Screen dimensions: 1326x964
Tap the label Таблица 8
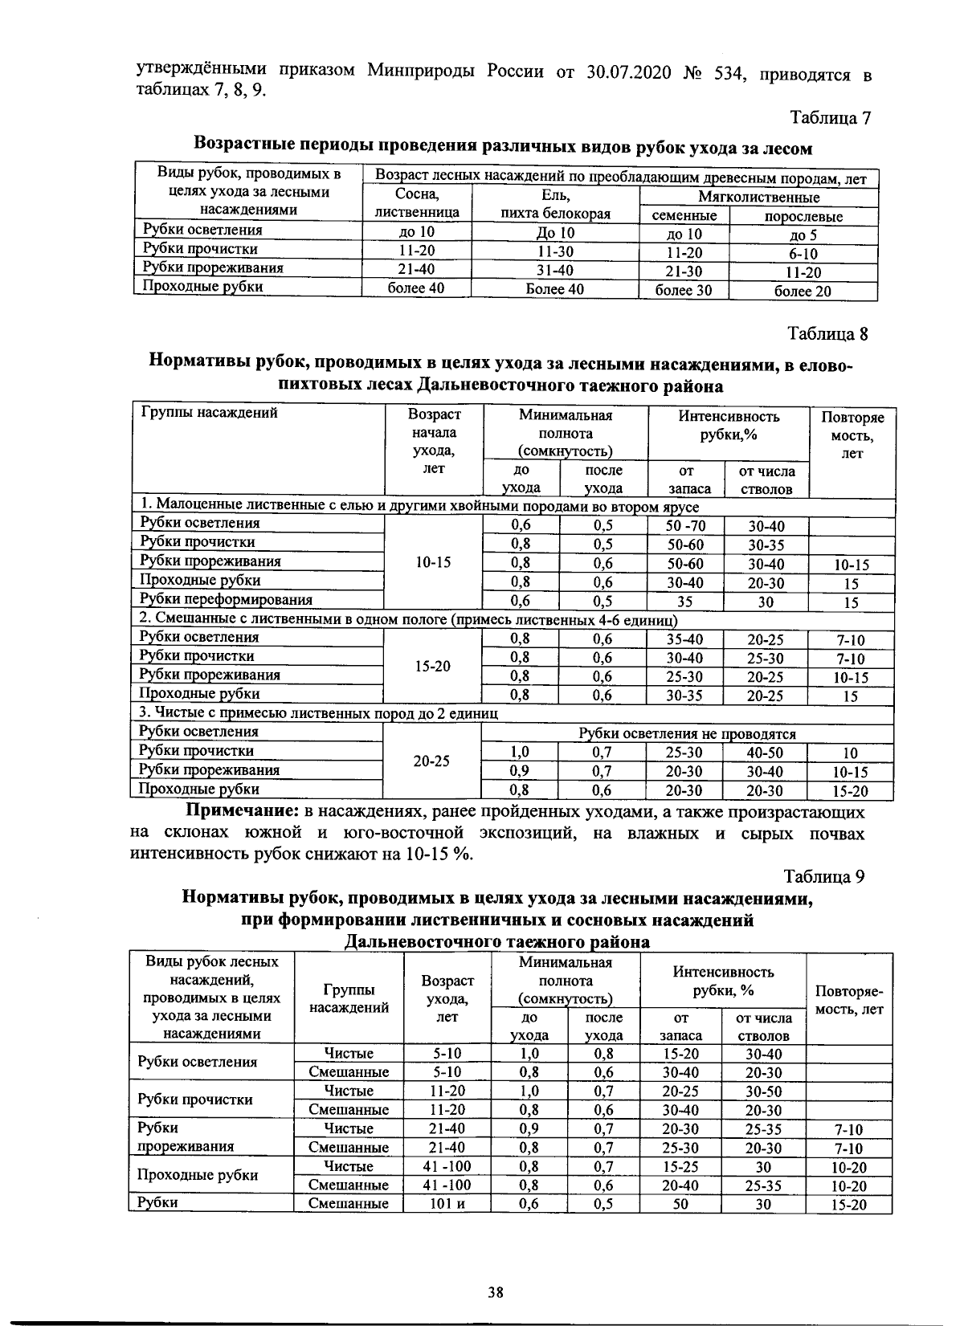[827, 333]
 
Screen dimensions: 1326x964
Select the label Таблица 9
[824, 875]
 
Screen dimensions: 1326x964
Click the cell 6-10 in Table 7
[803, 254]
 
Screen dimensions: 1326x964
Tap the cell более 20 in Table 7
[803, 292]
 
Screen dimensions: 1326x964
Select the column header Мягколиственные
[758, 197]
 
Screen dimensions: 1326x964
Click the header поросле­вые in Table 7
[803, 216]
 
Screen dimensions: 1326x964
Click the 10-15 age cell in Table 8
[432, 562]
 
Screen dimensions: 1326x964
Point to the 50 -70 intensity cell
[685, 526]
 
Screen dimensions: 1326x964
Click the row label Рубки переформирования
[226, 599]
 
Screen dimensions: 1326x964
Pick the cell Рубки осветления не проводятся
[687, 733]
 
